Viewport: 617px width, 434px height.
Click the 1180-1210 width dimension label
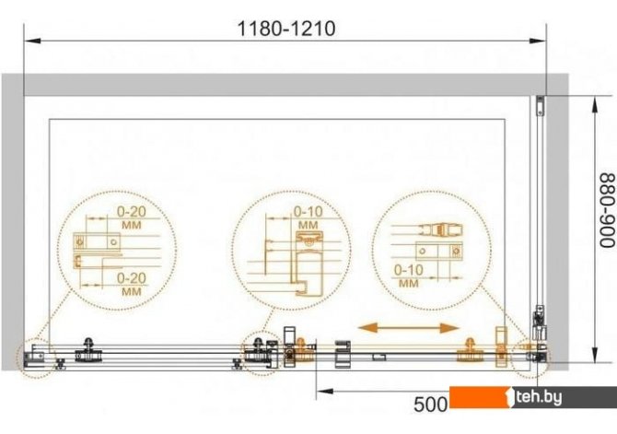[x=286, y=29]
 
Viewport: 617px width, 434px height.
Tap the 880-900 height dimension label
[x=607, y=211]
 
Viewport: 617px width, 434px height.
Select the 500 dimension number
[x=430, y=405]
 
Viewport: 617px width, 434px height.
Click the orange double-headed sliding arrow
[x=409, y=328]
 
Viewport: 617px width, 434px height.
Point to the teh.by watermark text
[x=539, y=398]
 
